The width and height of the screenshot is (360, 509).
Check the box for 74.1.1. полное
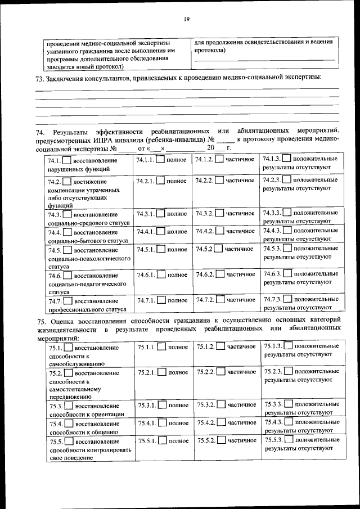pyautogui.click(x=160, y=160)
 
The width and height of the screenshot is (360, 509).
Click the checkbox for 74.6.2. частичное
pyautogui.click(x=219, y=274)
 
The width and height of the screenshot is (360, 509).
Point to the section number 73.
pyautogui.click(x=40, y=78)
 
